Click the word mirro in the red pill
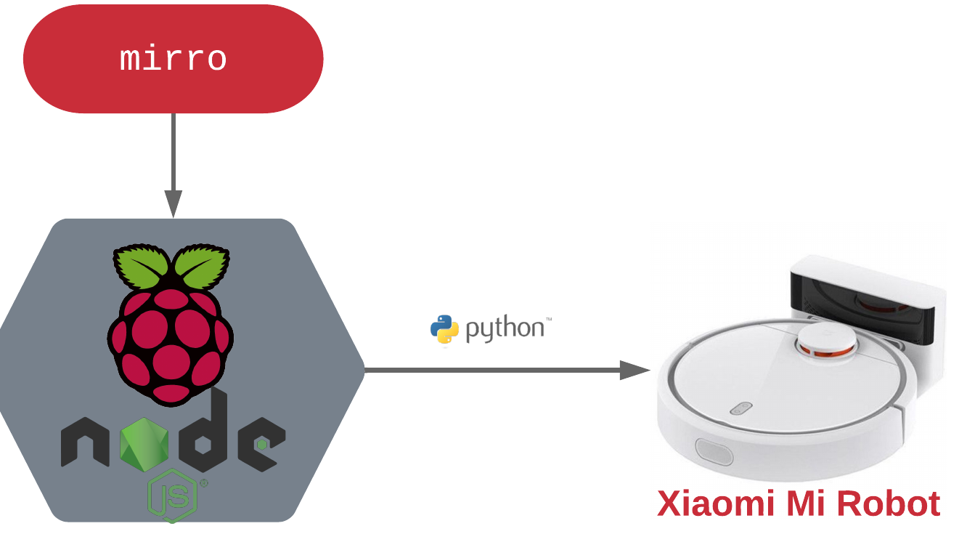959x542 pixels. [x=174, y=59]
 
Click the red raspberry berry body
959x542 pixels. [x=171, y=341]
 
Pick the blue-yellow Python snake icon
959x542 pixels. [x=444, y=330]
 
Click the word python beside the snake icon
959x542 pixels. [x=505, y=329]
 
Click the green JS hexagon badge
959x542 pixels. [x=173, y=496]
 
